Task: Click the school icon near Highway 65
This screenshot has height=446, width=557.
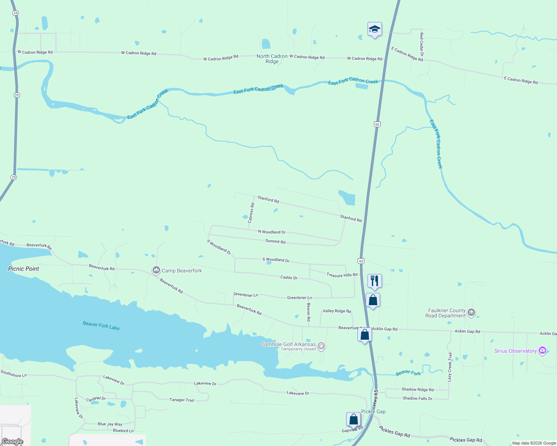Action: coord(375,29)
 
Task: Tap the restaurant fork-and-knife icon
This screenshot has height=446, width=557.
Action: coord(375,281)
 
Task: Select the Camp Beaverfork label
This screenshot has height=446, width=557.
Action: coord(182,271)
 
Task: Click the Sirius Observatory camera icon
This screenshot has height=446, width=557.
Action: coord(542,350)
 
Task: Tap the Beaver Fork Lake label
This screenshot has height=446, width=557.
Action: coord(101,326)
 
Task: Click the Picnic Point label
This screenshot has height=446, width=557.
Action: coord(23,269)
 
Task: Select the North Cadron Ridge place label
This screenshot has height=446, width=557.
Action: coord(272,59)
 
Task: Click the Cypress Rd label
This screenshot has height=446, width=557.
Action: coord(252,213)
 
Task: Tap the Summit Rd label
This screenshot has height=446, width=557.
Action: coord(275,241)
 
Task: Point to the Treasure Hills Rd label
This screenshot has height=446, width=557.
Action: coord(342,275)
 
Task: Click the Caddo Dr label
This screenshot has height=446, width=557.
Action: coord(289,277)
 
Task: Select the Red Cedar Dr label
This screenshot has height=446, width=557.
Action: coord(421,46)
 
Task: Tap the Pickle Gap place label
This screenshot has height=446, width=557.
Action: coord(373,411)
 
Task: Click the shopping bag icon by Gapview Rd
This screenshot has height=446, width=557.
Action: coord(353,419)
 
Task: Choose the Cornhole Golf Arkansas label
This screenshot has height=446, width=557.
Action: coord(288,344)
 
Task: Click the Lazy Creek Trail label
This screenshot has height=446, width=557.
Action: coord(450,367)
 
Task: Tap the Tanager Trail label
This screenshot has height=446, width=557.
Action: coord(182,400)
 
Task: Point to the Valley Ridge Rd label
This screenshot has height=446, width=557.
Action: coord(337,311)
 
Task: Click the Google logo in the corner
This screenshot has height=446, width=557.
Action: coord(12,442)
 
